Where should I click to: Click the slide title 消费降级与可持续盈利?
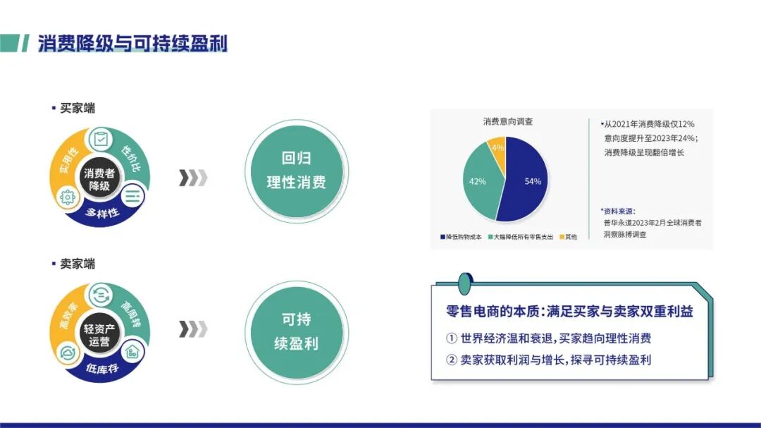[132, 43]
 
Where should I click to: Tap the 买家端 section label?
[77, 109]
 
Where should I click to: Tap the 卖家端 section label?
[77, 264]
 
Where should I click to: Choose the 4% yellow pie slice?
[497, 149]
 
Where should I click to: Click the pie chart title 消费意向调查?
[507, 121]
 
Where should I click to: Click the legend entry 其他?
[569, 237]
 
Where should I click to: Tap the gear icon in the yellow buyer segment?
[68, 197]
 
